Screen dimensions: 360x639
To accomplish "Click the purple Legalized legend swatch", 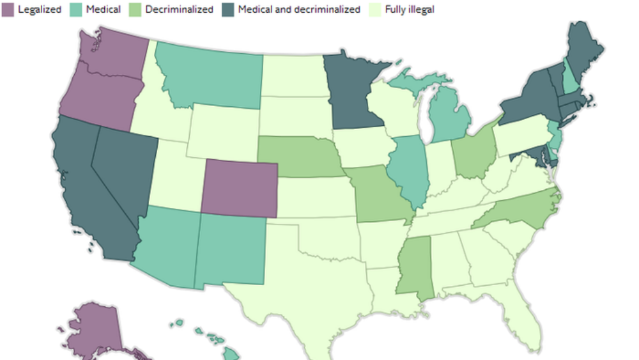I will (8, 10).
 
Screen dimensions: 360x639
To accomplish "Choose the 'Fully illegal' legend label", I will (409, 10).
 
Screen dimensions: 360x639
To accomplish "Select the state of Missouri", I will (377, 195).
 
